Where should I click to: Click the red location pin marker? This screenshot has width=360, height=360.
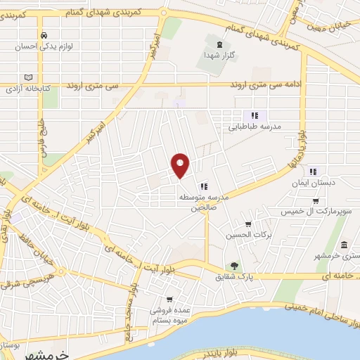[x=181, y=165]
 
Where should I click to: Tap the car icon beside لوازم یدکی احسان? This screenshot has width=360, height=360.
[x=44, y=34]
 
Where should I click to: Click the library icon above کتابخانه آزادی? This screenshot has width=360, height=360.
[x=28, y=77]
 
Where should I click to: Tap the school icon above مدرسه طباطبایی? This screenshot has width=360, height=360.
[x=255, y=115]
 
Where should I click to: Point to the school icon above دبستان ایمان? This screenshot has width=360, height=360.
[x=314, y=169]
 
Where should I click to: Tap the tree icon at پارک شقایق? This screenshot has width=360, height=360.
[x=233, y=266]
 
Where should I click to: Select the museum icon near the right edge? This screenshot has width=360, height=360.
[x=344, y=245]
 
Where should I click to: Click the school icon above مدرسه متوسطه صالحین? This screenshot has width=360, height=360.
[x=203, y=186]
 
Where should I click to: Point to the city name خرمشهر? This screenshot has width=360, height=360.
[x=63, y=353]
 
